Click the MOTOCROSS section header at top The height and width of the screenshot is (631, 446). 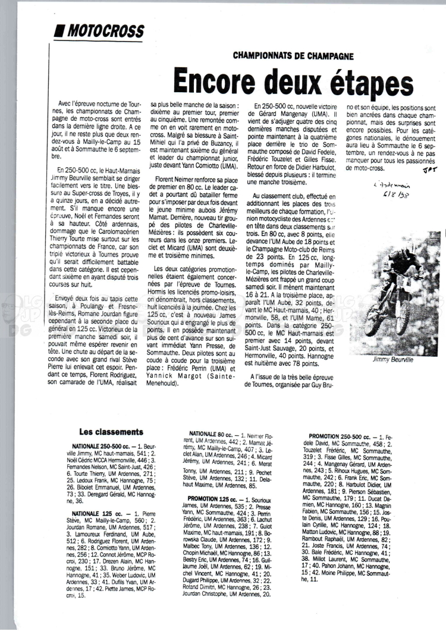pos(106,31)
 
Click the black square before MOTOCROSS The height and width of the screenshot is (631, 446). pos(59,31)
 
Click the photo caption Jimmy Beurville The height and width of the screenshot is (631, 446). pos(391,360)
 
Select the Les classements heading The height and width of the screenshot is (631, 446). pos(111,432)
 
